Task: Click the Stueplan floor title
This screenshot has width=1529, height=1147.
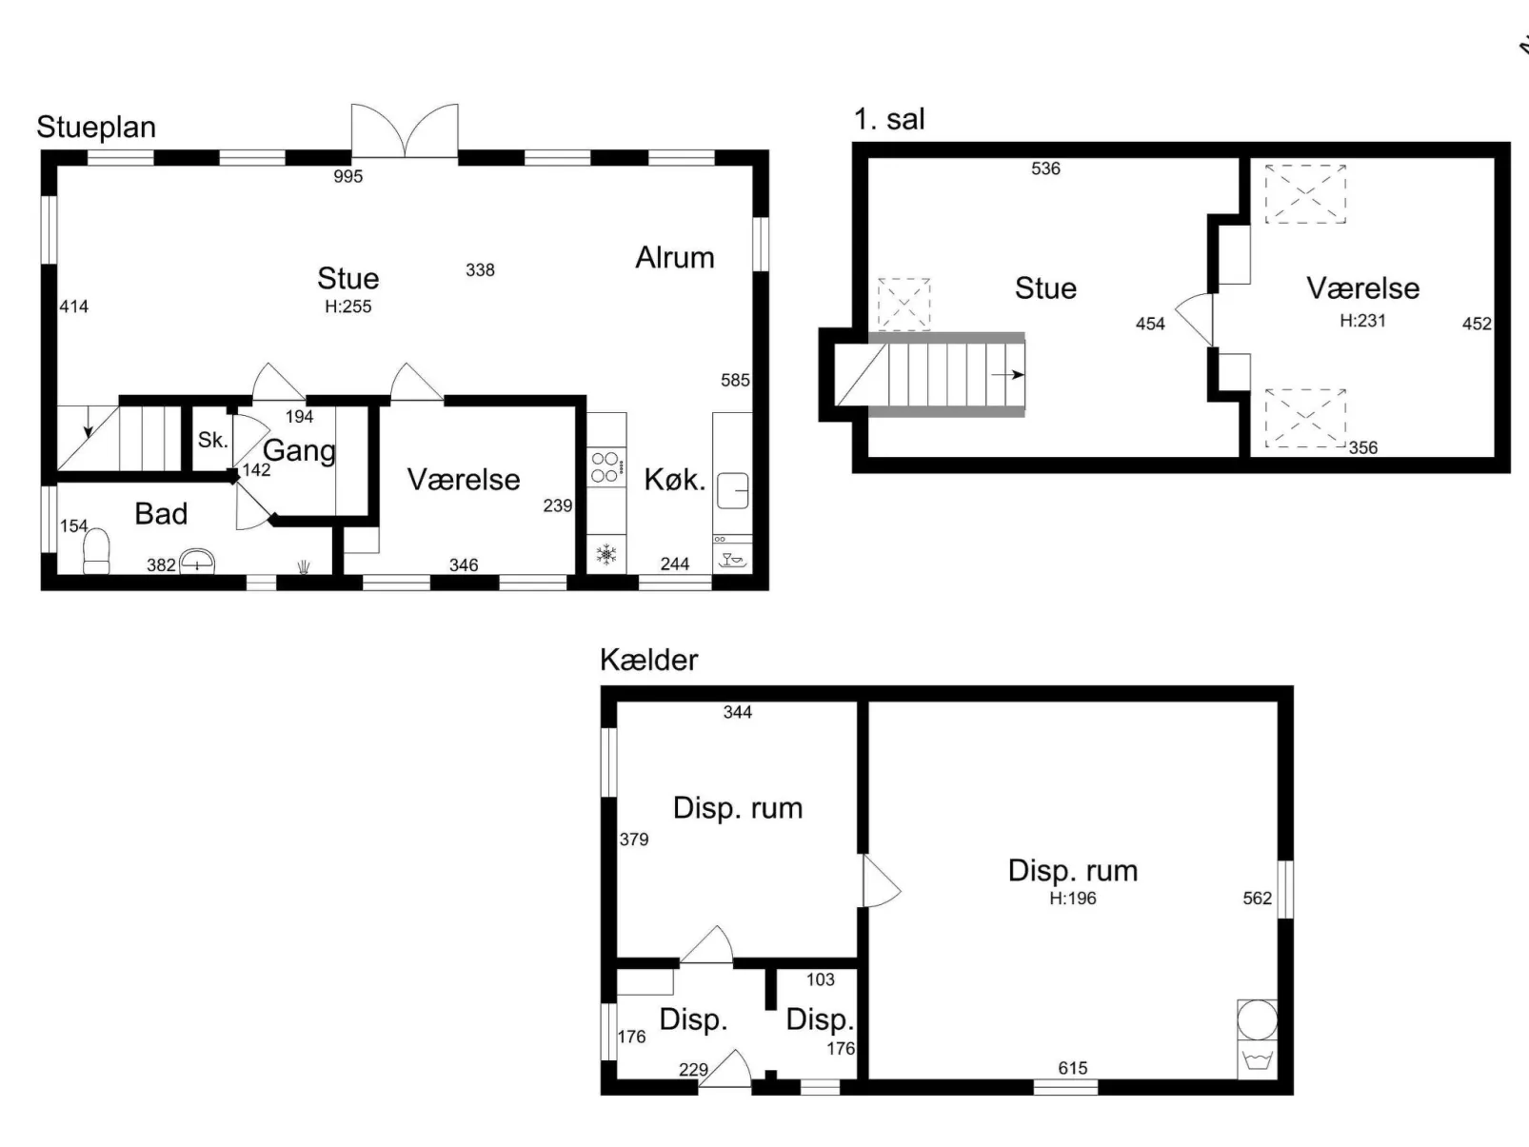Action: click(x=96, y=128)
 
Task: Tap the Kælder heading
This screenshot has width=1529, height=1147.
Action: click(x=648, y=660)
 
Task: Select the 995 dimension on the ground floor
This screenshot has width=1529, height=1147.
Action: click(x=348, y=176)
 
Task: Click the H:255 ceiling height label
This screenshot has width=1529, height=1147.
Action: click(x=348, y=307)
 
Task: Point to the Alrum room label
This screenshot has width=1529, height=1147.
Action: click(x=675, y=258)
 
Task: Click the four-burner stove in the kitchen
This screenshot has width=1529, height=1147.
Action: click(x=606, y=466)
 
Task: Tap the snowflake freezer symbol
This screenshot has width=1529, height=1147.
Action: click(x=606, y=555)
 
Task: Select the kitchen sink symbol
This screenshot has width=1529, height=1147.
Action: click(x=732, y=490)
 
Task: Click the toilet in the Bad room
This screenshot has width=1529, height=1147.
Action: click(x=96, y=551)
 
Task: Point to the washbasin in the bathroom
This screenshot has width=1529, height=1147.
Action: click(x=197, y=562)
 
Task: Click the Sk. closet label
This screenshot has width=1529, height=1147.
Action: click(x=212, y=440)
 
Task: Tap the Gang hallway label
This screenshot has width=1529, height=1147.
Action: click(x=300, y=451)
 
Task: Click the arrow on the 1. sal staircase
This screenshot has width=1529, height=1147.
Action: click(x=1007, y=375)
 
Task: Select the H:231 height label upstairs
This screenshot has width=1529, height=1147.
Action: click(x=1362, y=321)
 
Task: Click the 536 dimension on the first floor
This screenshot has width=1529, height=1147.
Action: click(x=1045, y=168)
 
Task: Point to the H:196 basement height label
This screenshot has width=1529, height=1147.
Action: click(x=1073, y=899)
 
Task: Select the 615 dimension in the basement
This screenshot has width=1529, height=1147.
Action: click(x=1073, y=1068)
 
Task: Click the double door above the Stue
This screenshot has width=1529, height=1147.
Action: click(x=405, y=130)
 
